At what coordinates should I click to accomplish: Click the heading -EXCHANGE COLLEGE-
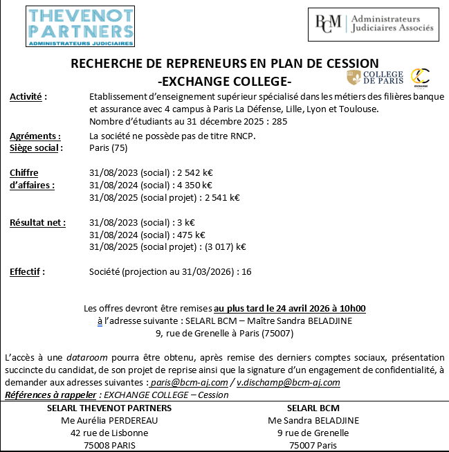[x=225, y=78]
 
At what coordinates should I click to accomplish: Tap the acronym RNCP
[x=241, y=136]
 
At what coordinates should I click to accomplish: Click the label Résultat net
[x=37, y=222]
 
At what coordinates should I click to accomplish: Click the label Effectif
[x=27, y=271]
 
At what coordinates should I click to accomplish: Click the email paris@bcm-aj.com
[x=189, y=382]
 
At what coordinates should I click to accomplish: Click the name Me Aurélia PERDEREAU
[x=109, y=420]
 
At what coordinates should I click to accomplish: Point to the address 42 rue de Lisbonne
[x=109, y=433]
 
